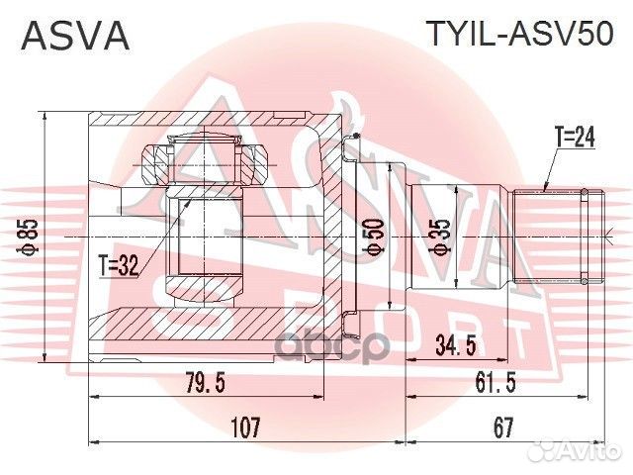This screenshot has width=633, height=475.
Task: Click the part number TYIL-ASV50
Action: [x=519, y=35]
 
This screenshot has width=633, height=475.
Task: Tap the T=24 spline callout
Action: [x=573, y=140]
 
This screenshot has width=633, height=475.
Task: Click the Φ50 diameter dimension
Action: [x=372, y=237]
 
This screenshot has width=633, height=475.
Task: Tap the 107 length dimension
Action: [x=244, y=427]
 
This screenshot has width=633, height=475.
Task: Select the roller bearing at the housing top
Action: [x=209, y=161]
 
